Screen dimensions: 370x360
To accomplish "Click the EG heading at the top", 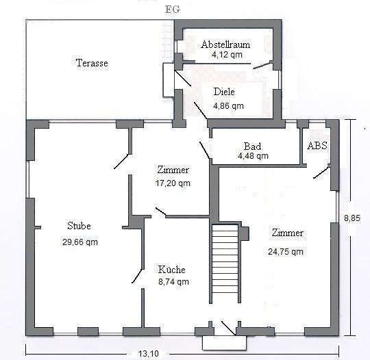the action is pyautogui.click(x=173, y=10).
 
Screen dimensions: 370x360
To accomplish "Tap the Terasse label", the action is pyautogui.click(x=92, y=63).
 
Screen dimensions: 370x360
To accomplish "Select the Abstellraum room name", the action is pyautogui.click(x=225, y=44).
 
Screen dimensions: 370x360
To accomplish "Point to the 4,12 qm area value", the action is pyautogui.click(x=227, y=55).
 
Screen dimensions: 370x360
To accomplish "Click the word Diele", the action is pyautogui.click(x=224, y=92).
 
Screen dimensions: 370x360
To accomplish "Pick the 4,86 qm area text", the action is pyautogui.click(x=228, y=106).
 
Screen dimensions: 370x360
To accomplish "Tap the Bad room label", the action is pyautogui.click(x=252, y=146).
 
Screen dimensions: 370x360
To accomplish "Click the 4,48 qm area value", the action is pyautogui.click(x=253, y=156).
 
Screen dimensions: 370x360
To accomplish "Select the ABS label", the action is pyautogui.click(x=317, y=146).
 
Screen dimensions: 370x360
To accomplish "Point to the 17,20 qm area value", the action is pyautogui.click(x=173, y=183).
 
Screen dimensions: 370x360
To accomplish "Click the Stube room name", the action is pyautogui.click(x=79, y=226).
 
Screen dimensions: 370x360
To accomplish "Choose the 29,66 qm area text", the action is pyautogui.click(x=80, y=242).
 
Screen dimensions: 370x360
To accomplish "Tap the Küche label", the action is pyautogui.click(x=171, y=270).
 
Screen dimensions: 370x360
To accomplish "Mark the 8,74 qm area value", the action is pyautogui.click(x=173, y=282).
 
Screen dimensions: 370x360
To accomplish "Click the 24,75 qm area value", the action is pyautogui.click(x=286, y=252).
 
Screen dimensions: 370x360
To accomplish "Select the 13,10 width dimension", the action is pyautogui.click(x=149, y=353).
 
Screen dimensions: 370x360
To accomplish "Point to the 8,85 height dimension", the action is pyautogui.click(x=352, y=218).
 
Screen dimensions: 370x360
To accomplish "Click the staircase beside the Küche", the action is pyautogui.click(x=225, y=263).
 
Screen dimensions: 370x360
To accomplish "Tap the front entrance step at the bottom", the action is pyautogui.click(x=225, y=342).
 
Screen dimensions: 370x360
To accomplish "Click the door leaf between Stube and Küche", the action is pyautogui.click(x=137, y=276).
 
